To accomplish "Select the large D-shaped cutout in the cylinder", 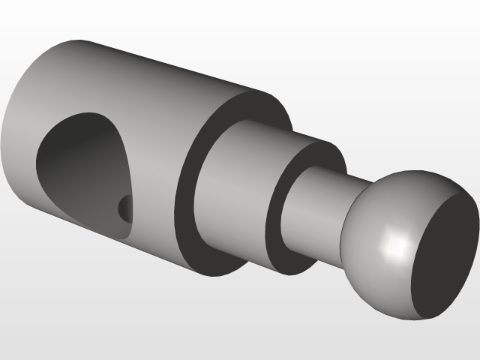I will pyautogui.click(x=82, y=169).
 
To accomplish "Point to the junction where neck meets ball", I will pyautogui.click(x=346, y=217).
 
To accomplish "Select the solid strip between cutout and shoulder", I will pyautogui.click(x=154, y=187).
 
